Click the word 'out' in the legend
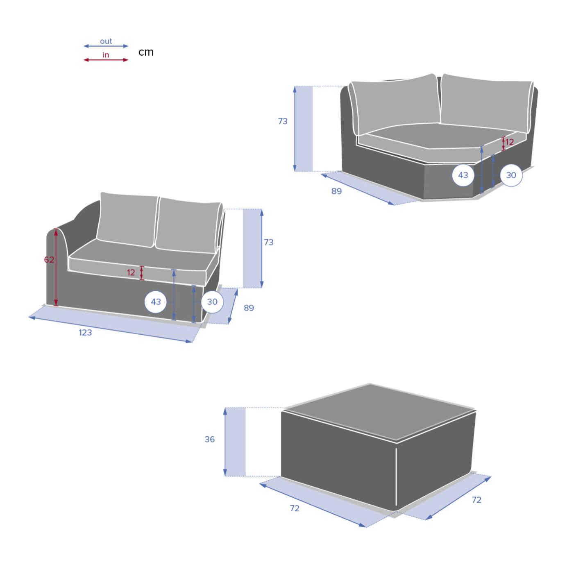click(106, 41)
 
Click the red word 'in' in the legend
click(106, 55)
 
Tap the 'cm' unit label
click(146, 52)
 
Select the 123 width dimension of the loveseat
click(85, 333)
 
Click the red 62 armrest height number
click(49, 259)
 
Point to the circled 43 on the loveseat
click(156, 302)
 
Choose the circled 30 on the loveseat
click(212, 302)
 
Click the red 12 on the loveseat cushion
click(131, 272)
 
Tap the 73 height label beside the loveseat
click(269, 242)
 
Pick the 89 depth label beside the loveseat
click(249, 308)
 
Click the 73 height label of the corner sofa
click(283, 121)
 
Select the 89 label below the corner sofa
click(337, 191)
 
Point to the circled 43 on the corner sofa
click(463, 175)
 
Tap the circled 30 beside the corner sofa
click(511, 175)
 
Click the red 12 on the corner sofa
click(510, 142)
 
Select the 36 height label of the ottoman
click(210, 439)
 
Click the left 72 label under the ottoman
click(295, 508)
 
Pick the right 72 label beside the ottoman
click(477, 500)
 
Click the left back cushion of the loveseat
click(127, 220)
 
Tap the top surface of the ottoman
click(379, 412)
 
